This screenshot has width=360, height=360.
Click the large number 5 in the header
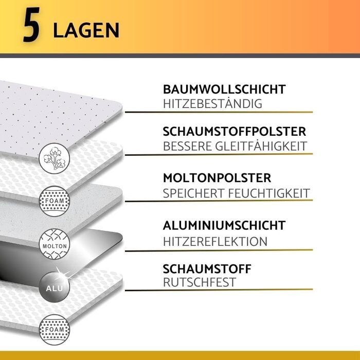coord(31,25)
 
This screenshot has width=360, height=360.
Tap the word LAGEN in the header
coord(86,30)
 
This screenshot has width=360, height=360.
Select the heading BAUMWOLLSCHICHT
coord(224,89)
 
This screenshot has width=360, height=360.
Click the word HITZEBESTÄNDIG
coord(212,104)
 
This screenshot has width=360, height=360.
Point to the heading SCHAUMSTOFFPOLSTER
coord(235,132)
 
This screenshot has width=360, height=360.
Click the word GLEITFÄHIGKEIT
coord(261,146)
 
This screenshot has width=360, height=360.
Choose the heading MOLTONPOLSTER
coord(217,178)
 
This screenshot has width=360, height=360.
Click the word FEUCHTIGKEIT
coord(269,193)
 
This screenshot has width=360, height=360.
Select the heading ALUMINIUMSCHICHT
coord(224,225)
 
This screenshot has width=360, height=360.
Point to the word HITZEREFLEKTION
coord(215,242)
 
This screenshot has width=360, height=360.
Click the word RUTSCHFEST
coord(200,282)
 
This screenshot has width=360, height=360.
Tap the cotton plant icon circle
coord(55,158)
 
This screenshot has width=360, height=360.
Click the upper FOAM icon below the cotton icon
coord(55,202)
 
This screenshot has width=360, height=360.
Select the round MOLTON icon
coord(55,244)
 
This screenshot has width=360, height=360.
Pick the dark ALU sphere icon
coord(55,287)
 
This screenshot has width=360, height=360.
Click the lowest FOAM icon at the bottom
coord(55,330)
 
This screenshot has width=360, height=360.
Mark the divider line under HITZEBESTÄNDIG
coord(219,112)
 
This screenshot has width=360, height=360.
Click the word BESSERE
coord(187,146)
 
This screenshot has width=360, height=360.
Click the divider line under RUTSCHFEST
coord(219,290)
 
